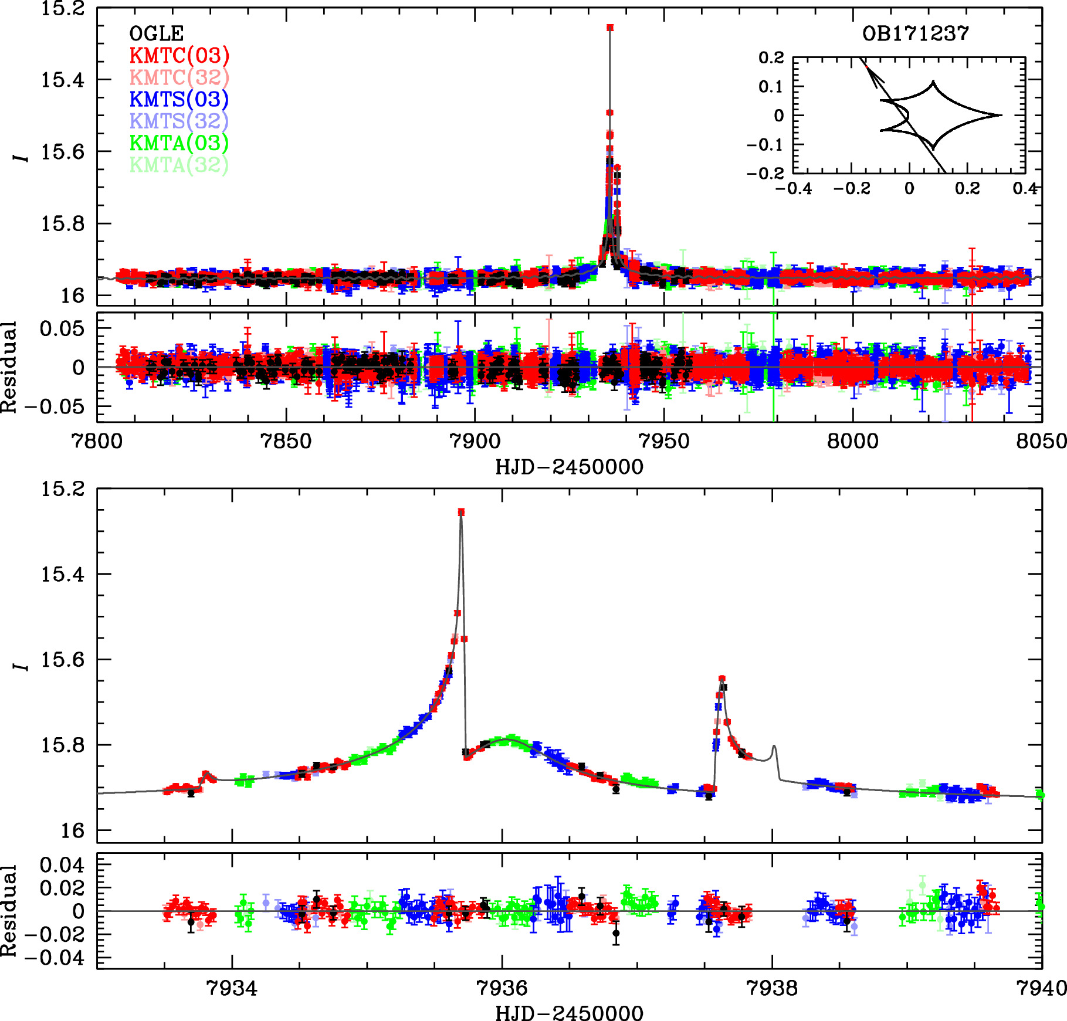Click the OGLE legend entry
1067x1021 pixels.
click(156, 33)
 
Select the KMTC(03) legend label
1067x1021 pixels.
click(179, 55)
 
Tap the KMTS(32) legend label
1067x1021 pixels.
click(179, 121)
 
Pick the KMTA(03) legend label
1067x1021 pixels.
click(179, 143)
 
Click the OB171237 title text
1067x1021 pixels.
click(915, 33)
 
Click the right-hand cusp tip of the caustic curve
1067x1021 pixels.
click(1001, 115)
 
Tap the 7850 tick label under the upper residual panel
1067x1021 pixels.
click(286, 441)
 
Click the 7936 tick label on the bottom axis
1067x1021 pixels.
click(502, 988)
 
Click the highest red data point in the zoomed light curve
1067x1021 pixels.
click(461, 512)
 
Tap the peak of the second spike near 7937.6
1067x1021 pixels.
click(722, 679)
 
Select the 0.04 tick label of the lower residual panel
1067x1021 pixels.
click(62, 864)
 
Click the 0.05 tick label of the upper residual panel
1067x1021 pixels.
click(62, 328)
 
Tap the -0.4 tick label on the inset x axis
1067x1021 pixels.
click(794, 188)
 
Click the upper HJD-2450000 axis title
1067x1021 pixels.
click(569, 467)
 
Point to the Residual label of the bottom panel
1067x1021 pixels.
click(9, 911)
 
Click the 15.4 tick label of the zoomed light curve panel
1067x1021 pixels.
click(62, 574)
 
